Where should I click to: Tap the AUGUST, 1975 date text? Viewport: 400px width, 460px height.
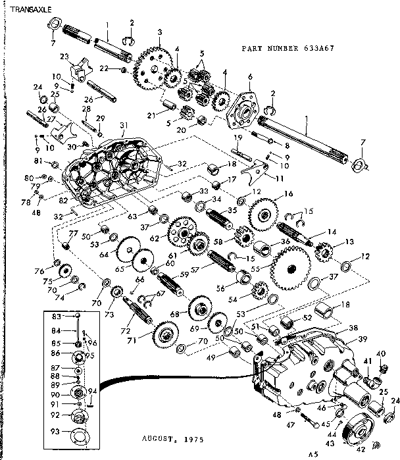[x=170, y=438]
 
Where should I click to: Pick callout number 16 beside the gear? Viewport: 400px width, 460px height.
[x=287, y=194]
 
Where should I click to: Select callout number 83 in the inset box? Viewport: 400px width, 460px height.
[x=56, y=317]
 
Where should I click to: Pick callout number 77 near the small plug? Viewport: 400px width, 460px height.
[x=73, y=234]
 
